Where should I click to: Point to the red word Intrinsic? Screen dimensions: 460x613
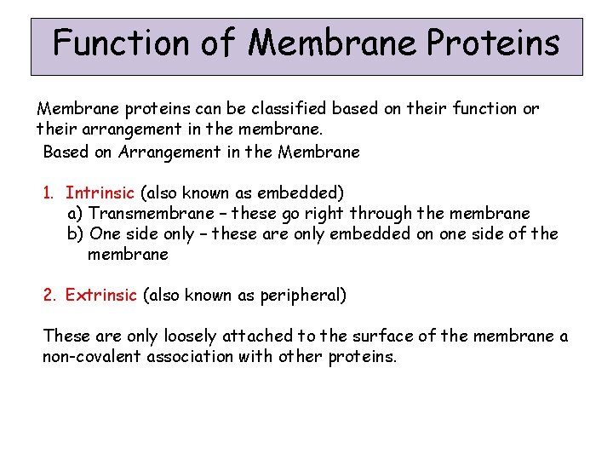[100, 193]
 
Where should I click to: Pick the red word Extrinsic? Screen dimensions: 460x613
[100, 296]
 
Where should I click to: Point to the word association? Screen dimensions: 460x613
[192, 356]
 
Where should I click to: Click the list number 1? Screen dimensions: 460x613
[49, 193]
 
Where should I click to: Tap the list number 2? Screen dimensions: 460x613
[49, 296]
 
